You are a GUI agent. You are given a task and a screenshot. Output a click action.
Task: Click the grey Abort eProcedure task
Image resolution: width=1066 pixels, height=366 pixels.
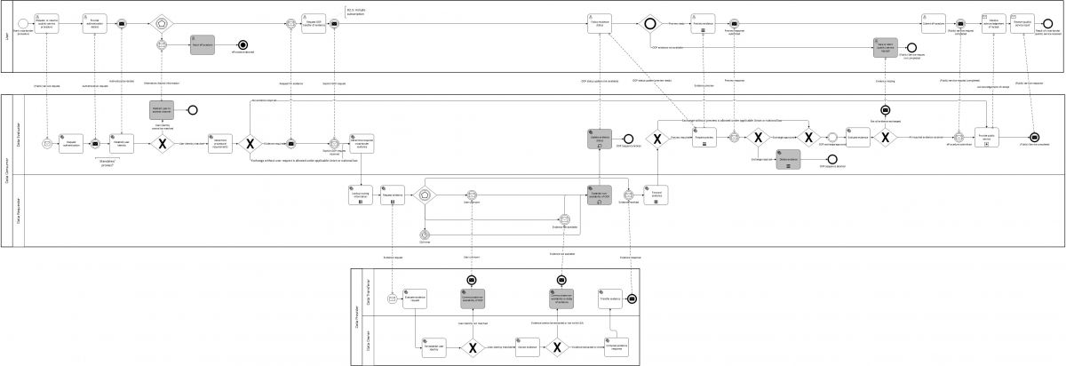(x=203, y=44)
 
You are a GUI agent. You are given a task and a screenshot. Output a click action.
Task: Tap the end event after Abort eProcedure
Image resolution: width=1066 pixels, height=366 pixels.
(x=242, y=44)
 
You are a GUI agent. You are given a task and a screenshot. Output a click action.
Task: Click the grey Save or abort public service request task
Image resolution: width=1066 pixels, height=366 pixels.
(x=885, y=46)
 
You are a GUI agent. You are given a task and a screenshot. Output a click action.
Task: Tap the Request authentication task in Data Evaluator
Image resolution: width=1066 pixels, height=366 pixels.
(x=71, y=144)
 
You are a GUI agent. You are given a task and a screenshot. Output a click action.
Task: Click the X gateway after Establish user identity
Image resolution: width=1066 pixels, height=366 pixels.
(x=161, y=144)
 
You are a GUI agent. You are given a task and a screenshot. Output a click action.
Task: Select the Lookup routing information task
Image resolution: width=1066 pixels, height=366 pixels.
(x=362, y=195)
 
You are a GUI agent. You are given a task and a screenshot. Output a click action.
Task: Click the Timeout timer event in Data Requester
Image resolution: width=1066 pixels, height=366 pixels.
(x=425, y=235)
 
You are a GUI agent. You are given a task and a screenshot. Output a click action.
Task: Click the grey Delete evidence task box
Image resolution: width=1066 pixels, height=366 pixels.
(x=788, y=159)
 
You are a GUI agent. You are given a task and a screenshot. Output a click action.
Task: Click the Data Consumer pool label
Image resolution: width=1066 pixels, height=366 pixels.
(x=7, y=169)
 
